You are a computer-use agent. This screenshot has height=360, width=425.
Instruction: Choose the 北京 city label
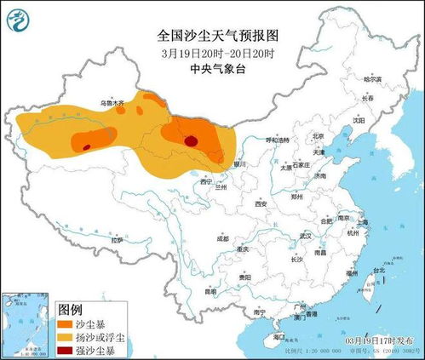(319, 135)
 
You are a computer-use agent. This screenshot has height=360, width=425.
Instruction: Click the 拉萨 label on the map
(116, 241)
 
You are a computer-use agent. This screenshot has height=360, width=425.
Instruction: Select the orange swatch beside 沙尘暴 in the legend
(65, 323)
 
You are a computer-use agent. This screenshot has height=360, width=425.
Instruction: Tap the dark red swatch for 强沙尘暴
(65, 350)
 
